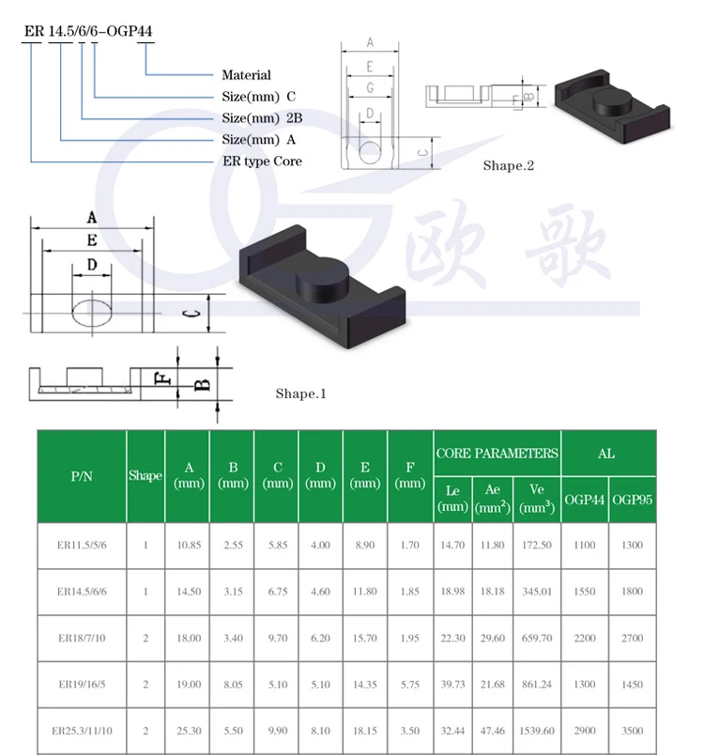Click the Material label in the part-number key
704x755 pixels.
pos(246,75)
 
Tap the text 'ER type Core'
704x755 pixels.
pos(262,161)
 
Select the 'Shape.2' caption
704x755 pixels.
pos(509,165)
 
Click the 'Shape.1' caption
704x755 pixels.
pos(300,393)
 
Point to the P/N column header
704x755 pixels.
pos(82,476)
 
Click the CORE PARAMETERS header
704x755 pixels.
pos(497,454)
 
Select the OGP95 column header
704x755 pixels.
pos(633,500)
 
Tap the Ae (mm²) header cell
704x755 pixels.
pos(492,499)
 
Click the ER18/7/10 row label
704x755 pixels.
pos(82,638)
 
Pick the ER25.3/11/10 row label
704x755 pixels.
pos(82,731)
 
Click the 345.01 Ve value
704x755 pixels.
pos(537,592)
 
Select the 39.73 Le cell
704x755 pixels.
pos(452,685)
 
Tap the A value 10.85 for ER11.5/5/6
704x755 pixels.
pos(189,545)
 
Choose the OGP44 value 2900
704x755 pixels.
pos(585,731)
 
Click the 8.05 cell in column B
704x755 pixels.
pos(233,685)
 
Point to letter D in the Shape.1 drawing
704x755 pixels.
pos(92,265)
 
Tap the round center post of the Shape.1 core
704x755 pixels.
pos(322,278)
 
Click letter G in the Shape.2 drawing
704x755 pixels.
pos(370,87)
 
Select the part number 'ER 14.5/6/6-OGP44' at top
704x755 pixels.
pos(88,31)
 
